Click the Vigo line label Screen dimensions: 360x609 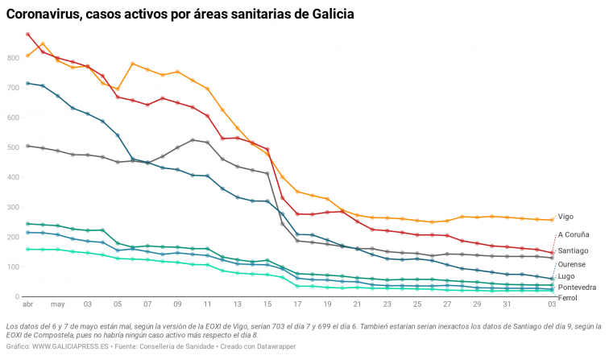[x=565, y=217]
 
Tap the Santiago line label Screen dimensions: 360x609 [x=574, y=250]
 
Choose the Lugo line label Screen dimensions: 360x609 [x=566, y=276]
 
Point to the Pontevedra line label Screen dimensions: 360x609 [x=577, y=287]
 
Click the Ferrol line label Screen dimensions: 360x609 [x=567, y=298]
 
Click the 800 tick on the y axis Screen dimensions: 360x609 [x=13, y=59]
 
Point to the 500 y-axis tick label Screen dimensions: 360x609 [x=13, y=148]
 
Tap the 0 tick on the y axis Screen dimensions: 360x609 [x=18, y=297]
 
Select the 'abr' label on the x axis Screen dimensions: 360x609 [x=28, y=305]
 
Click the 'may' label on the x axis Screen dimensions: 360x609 [x=57, y=305]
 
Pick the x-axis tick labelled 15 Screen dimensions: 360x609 [x=267, y=305]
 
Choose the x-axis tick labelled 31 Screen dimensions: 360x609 [x=507, y=305]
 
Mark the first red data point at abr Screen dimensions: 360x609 [x=28, y=35]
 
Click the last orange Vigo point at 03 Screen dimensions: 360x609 [x=552, y=219]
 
